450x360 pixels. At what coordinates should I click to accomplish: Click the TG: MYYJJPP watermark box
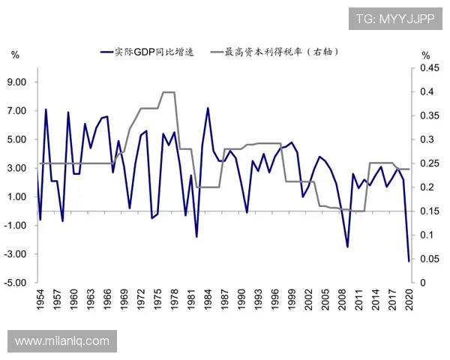coord(395,18)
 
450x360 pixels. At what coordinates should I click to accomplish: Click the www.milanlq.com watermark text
coord(62,341)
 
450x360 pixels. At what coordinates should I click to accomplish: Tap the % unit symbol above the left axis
coord(15,55)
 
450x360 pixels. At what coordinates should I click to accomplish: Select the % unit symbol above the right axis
coord(425,55)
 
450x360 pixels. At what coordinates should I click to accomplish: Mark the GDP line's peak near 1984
coord(208,108)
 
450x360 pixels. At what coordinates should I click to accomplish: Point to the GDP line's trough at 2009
coord(348,247)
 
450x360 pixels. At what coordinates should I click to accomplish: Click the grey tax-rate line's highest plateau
coord(169,92)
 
